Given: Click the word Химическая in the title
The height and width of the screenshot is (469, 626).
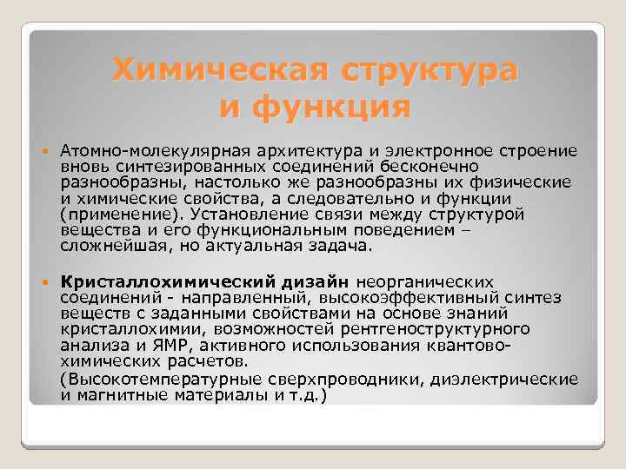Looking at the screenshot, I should pyautogui.click(x=214, y=69).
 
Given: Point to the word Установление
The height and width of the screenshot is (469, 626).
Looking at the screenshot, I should pyautogui.click(x=240, y=214).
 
